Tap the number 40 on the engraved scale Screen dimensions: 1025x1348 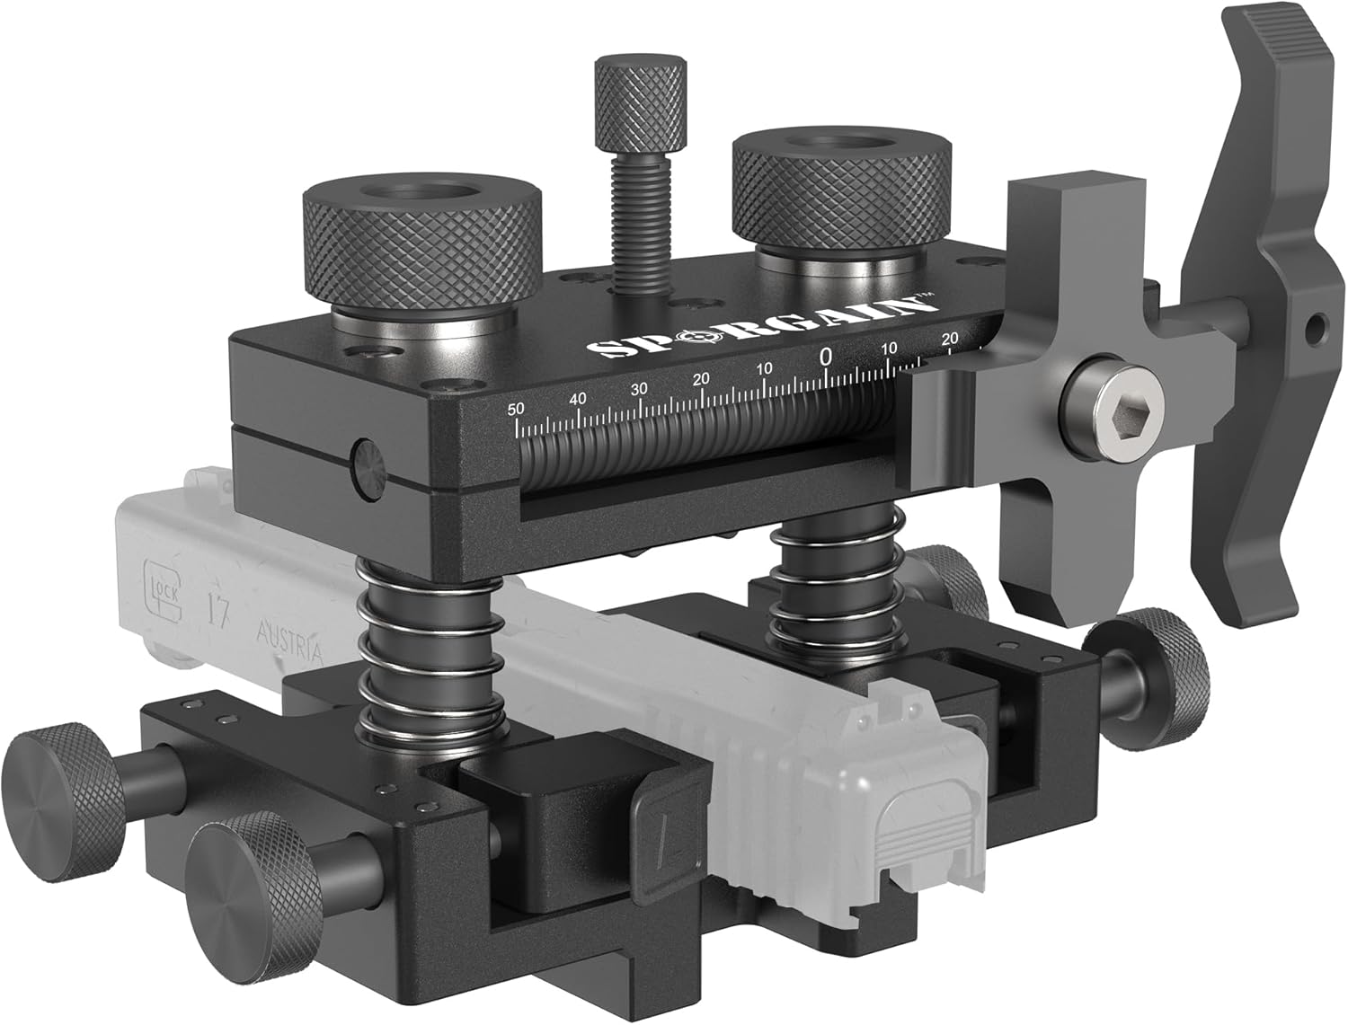578,398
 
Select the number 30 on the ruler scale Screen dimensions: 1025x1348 639,388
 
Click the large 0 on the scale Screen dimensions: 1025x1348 825,357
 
